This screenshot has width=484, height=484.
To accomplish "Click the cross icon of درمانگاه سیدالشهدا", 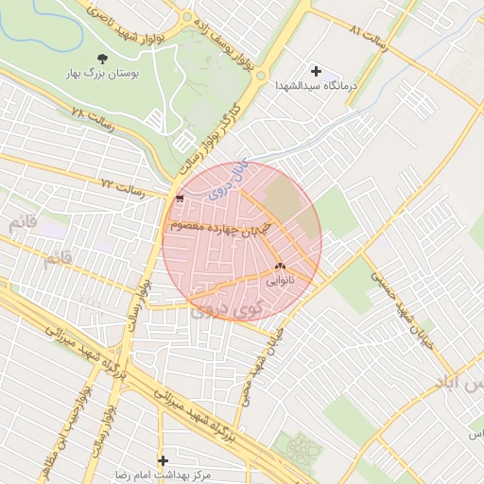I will [316, 71].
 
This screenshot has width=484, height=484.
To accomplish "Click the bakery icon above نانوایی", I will [279, 267].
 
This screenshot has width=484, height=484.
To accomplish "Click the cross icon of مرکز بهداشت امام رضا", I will [163, 460].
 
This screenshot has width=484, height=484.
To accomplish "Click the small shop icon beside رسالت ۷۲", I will [179, 199].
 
